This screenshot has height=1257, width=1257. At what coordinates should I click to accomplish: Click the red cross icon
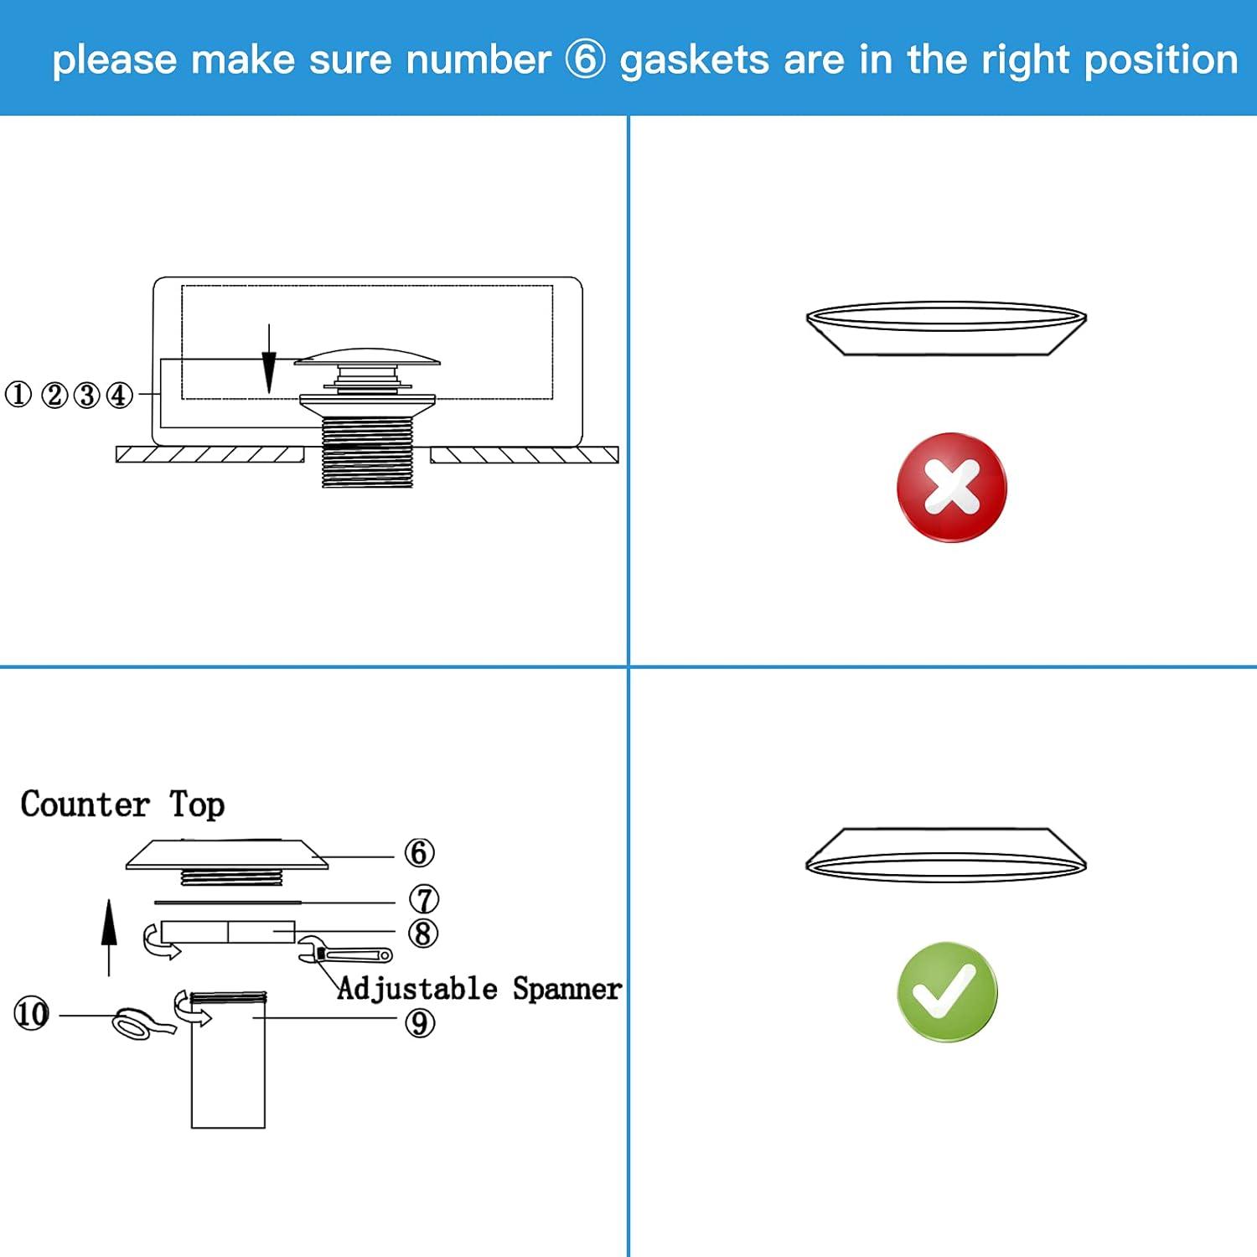(951, 487)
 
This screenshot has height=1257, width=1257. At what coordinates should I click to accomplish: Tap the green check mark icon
(947, 991)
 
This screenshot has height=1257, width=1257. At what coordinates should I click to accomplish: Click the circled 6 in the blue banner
(585, 59)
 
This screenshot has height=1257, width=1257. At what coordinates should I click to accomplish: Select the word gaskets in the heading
(694, 60)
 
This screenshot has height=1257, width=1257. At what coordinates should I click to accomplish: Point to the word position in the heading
(1161, 60)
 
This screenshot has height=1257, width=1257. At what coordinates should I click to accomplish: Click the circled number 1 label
(18, 395)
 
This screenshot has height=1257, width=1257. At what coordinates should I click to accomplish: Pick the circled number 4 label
(119, 395)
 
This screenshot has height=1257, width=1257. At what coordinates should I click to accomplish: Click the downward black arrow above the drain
(268, 360)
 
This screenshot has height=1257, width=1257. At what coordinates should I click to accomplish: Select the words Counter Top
(122, 804)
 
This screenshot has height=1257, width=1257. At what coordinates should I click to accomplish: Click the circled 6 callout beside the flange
(420, 853)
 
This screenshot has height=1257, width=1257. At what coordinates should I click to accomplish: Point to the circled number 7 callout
(424, 899)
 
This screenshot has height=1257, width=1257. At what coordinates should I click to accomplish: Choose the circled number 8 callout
(423, 933)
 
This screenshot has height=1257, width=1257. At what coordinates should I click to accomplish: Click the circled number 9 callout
(420, 1022)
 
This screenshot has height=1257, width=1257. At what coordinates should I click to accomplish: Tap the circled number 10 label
(32, 1014)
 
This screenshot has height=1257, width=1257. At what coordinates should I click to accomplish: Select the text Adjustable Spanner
(479, 989)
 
